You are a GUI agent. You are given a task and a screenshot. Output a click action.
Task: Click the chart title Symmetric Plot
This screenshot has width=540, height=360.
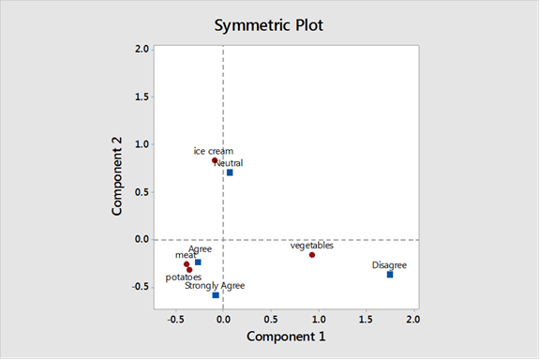[269, 25]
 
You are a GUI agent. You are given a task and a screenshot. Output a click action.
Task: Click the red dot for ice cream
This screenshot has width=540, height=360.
[215, 160]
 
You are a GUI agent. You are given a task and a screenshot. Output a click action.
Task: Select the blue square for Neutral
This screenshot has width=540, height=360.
[230, 172]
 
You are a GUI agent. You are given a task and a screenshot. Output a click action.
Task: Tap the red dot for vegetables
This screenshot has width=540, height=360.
[312, 255]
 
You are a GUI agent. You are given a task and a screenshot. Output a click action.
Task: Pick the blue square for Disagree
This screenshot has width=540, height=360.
[390, 275]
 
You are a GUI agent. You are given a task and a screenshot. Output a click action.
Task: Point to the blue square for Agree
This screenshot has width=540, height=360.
[198, 262]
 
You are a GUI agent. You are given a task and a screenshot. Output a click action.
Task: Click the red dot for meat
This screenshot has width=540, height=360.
[187, 264]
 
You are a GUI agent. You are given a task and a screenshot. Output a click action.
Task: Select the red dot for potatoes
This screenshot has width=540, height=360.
[189, 270]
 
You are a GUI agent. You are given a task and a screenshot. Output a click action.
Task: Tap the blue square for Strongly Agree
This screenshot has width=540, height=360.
[216, 295]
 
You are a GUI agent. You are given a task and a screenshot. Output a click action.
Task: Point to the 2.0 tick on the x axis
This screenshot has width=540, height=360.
[412, 318]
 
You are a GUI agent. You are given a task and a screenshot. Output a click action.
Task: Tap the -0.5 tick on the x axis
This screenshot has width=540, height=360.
[175, 318]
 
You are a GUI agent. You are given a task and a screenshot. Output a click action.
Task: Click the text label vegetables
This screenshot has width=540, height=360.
[312, 246]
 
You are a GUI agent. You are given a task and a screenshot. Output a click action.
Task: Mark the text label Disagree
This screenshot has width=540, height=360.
[389, 265]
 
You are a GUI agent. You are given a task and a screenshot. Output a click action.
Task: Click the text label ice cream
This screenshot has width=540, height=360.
[214, 151]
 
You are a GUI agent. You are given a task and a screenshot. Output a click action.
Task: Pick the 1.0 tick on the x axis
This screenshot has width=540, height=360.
[318, 318]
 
